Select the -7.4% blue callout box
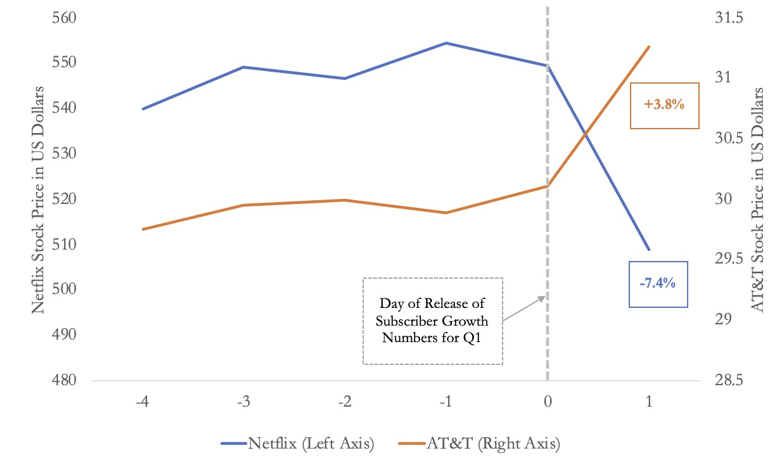click(x=657, y=284)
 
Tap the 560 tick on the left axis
click(x=63, y=18)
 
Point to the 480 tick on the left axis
click(x=63, y=381)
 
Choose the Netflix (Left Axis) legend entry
click(x=297, y=444)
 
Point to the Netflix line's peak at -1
click(x=446, y=43)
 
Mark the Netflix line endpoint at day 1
click(x=649, y=249)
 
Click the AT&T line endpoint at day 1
click(x=649, y=47)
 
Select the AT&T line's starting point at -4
click(x=143, y=229)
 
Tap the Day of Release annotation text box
click(x=432, y=321)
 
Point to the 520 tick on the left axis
click(x=63, y=199)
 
